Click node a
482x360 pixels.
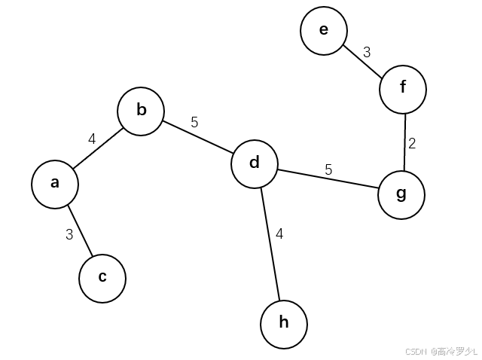coord(54,184)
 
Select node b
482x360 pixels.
coord(141,111)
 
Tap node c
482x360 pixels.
coord(102,277)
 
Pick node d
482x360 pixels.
coord(254,163)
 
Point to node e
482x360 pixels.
coord(324,30)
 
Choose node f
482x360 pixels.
coord(403,88)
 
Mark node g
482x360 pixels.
coord(401,195)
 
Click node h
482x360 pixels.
coord(284,324)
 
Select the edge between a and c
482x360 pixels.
coord(79,231)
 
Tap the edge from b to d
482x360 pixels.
coord(197,137)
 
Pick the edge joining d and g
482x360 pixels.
coord(328,179)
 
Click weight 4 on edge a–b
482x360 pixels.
coord(92,139)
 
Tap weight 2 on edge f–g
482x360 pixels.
coord(412,143)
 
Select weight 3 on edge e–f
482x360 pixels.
coord(367,52)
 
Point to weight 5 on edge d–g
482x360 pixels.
coord(328,170)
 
